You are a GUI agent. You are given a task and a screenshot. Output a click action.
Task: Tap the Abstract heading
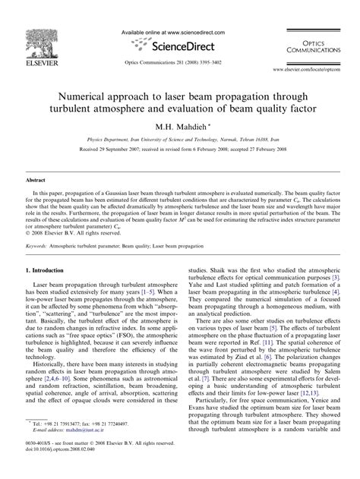[x=36, y=181]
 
